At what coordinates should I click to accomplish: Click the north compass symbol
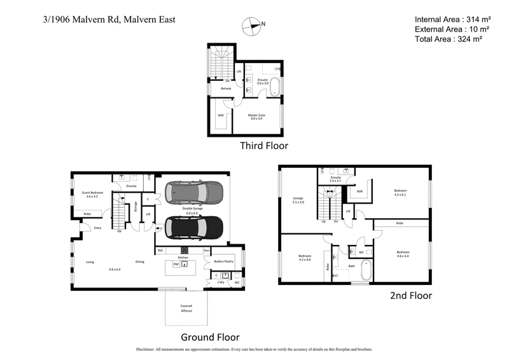coord(253,26)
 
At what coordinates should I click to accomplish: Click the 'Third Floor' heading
coord(263,146)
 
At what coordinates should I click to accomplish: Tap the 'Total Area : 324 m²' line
coord(448,39)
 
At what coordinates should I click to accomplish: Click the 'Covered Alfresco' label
coord(186,309)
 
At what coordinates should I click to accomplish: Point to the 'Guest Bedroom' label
coord(94,193)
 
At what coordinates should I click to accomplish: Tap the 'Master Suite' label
coord(256,115)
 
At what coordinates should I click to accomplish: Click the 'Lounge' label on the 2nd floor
coord(298,198)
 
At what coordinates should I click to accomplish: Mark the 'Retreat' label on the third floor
coord(226,88)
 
